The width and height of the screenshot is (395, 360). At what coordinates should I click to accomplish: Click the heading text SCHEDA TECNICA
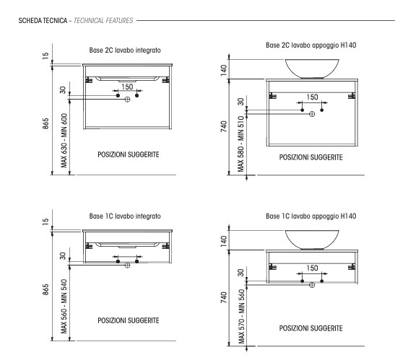point(43,21)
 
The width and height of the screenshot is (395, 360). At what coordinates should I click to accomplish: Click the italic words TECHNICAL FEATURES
point(103,21)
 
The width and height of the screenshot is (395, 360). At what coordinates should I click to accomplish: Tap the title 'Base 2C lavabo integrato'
point(125,50)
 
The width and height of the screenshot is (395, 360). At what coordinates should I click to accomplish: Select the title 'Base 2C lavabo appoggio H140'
point(311,45)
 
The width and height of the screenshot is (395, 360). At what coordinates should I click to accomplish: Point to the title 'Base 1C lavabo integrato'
point(125,216)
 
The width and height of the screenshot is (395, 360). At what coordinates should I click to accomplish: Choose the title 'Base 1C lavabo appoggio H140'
point(311,216)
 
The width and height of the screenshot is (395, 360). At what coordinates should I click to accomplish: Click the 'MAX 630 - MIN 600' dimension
point(64,141)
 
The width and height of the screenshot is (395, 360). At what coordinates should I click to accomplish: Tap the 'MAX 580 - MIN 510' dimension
point(241,144)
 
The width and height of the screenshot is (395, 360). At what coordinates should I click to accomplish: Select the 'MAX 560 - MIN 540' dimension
point(64,307)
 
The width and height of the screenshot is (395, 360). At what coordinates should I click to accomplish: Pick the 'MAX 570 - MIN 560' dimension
point(241,317)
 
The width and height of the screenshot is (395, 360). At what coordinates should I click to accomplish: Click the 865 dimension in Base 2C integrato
point(45,123)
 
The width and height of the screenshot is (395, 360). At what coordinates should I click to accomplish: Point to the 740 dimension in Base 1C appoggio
point(224,297)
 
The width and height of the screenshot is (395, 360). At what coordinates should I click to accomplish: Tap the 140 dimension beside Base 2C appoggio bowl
point(224,70)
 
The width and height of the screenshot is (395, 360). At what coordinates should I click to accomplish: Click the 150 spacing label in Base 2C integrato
point(127,87)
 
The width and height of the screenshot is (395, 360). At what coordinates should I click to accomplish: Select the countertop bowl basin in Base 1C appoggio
point(312,240)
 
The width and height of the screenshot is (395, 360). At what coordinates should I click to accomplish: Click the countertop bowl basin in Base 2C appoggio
point(312,69)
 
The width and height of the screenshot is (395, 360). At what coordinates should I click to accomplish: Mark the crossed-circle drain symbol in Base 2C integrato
point(128,100)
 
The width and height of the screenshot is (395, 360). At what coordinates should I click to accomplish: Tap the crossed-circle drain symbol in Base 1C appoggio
point(312,285)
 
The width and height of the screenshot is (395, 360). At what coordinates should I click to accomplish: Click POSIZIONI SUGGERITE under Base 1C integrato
point(129,320)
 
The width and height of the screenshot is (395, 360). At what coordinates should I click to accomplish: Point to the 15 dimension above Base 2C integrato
point(45,56)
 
